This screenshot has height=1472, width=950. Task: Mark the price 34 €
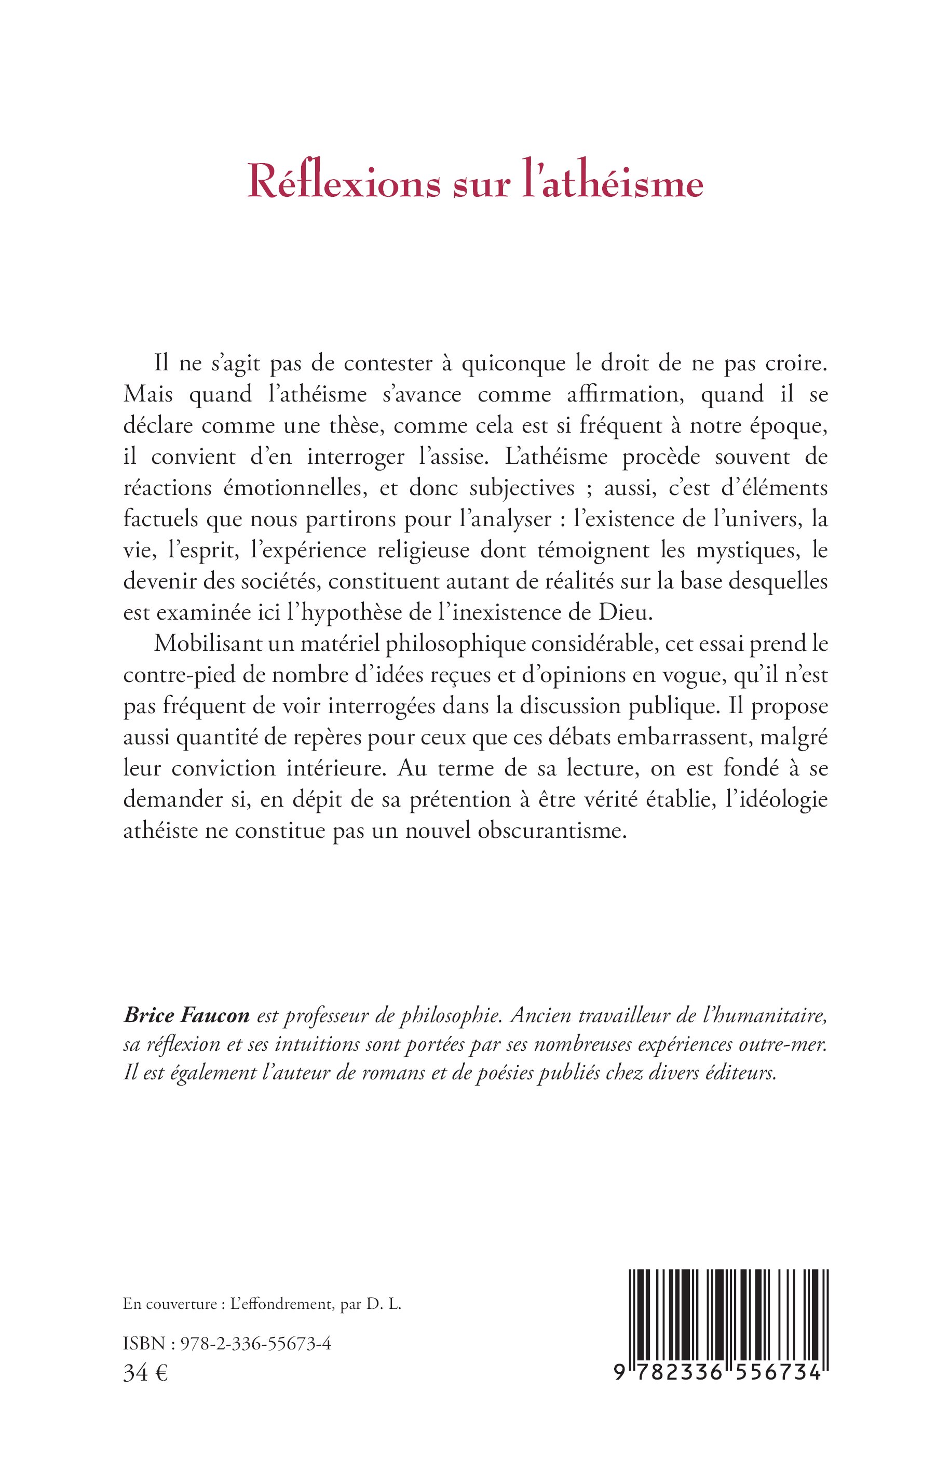click(145, 1373)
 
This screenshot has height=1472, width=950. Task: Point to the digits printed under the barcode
click(718, 1373)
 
